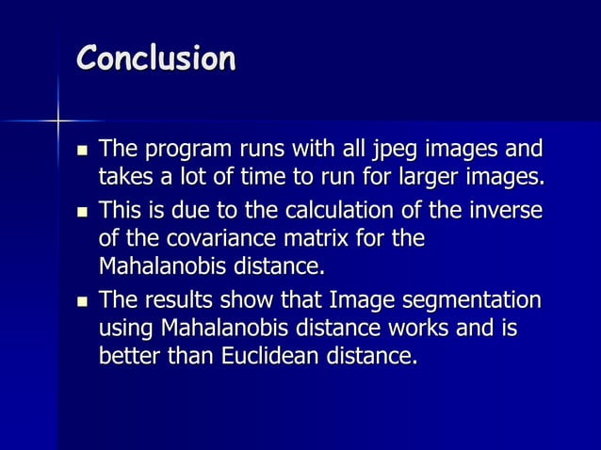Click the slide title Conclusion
click(x=155, y=58)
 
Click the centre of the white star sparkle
click(x=58, y=121)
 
